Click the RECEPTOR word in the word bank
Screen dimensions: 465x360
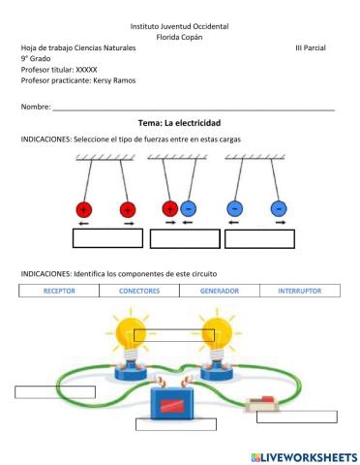coord(59,291)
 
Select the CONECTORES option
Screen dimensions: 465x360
coord(139,291)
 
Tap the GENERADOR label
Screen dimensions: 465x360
coord(220,291)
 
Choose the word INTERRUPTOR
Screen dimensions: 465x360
coord(300,291)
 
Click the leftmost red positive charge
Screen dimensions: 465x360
coord(83,208)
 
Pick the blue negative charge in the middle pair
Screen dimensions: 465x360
coord(189,208)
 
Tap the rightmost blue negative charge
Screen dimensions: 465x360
coord(279,208)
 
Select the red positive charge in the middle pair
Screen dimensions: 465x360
coord(170,208)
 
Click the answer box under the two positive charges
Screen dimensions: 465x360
coord(107,238)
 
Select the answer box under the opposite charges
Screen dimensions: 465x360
coord(183,238)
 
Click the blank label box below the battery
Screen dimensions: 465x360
coord(175,423)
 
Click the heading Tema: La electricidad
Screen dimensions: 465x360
coord(180,124)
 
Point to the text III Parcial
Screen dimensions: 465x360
coord(312,46)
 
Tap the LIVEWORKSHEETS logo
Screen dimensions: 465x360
coord(304,455)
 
